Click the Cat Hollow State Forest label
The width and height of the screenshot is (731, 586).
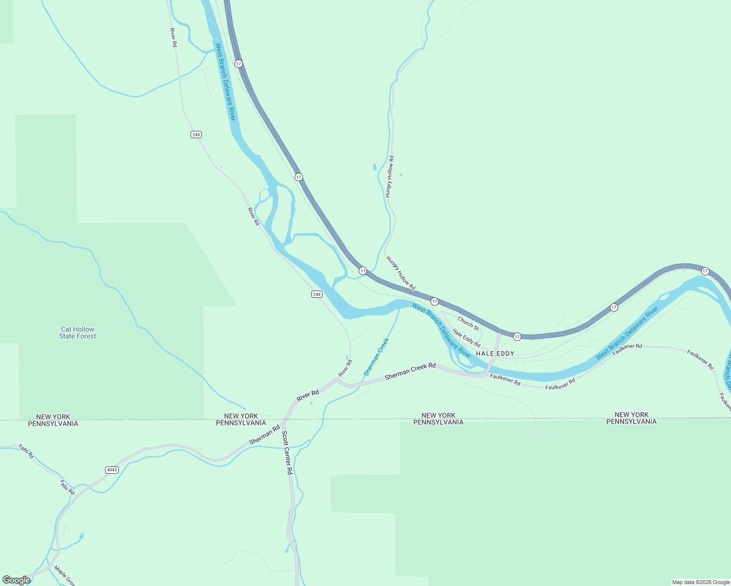click(78, 333)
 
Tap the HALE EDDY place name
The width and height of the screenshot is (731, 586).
click(495, 353)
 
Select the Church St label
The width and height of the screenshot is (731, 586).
click(468, 324)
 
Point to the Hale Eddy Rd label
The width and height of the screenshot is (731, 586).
click(466, 338)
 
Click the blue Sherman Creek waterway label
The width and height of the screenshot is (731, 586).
click(376, 357)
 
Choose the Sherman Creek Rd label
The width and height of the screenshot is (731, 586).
click(410, 372)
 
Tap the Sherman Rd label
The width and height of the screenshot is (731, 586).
click(264, 435)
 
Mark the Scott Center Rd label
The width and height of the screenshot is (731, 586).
click(287, 453)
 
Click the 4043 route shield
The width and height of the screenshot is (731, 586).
click(112, 470)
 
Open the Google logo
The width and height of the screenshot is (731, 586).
click(16, 580)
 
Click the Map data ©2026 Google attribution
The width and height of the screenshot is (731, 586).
click(701, 582)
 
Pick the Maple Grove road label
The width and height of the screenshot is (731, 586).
click(64, 575)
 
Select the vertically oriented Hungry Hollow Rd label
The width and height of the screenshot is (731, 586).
click(389, 177)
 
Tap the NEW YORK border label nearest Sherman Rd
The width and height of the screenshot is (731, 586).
click(241, 416)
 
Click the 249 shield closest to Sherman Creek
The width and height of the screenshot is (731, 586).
click(317, 294)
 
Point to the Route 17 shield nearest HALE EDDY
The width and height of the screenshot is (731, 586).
click(517, 336)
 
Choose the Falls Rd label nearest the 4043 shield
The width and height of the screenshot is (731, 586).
click(67, 487)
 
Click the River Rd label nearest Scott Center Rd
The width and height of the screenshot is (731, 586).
click(308, 396)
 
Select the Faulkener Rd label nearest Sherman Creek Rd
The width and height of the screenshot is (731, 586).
click(505, 379)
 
